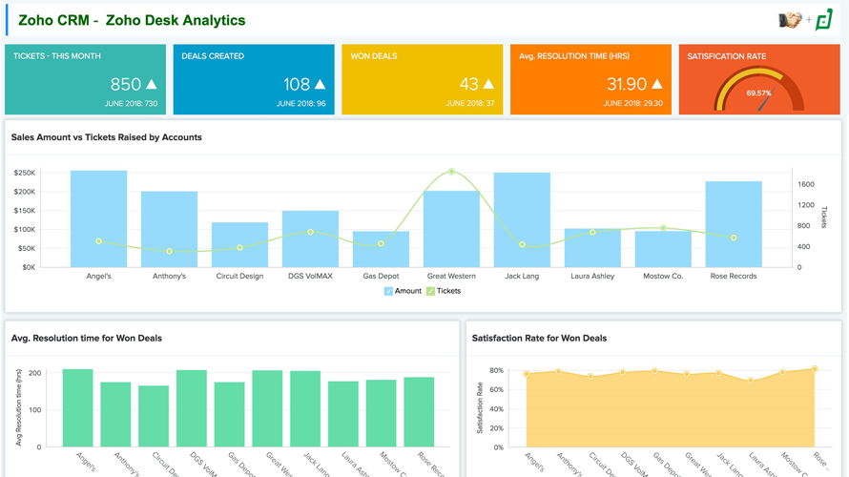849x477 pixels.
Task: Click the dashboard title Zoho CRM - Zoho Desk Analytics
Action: pyautogui.click(x=132, y=20)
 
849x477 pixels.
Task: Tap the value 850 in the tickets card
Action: pyautogui.click(x=126, y=85)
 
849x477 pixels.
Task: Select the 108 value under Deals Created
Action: pyautogui.click(x=297, y=85)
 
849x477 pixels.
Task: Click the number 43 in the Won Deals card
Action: pyautogui.click(x=468, y=85)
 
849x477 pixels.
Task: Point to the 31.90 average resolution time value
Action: pyautogui.click(x=627, y=85)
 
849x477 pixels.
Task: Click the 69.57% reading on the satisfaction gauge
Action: pyautogui.click(x=759, y=93)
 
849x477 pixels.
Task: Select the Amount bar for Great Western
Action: pyautogui.click(x=451, y=229)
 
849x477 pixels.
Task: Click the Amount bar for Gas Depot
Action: pyautogui.click(x=381, y=249)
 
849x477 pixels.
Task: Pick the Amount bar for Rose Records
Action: pyautogui.click(x=734, y=224)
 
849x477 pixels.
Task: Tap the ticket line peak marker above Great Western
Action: pyautogui.click(x=451, y=172)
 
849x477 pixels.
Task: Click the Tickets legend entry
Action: pyautogui.click(x=444, y=291)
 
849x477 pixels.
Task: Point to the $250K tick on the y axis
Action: pyautogui.click(x=24, y=173)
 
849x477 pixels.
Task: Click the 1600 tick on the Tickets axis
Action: pyautogui.click(x=806, y=184)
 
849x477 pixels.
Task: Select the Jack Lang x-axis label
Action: pyautogui.click(x=522, y=276)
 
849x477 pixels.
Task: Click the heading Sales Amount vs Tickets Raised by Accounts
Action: pyautogui.click(x=107, y=137)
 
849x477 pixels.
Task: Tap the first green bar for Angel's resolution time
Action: pyautogui.click(x=78, y=408)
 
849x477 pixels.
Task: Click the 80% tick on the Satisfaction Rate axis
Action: pyautogui.click(x=496, y=370)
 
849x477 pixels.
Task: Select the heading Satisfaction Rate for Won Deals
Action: pyautogui.click(x=539, y=338)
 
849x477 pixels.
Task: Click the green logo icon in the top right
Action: pyautogui.click(x=824, y=20)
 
